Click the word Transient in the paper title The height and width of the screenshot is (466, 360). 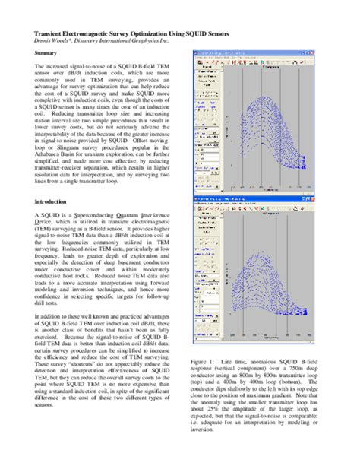pos(51,35)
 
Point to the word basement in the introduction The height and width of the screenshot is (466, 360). pos(130,261)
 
